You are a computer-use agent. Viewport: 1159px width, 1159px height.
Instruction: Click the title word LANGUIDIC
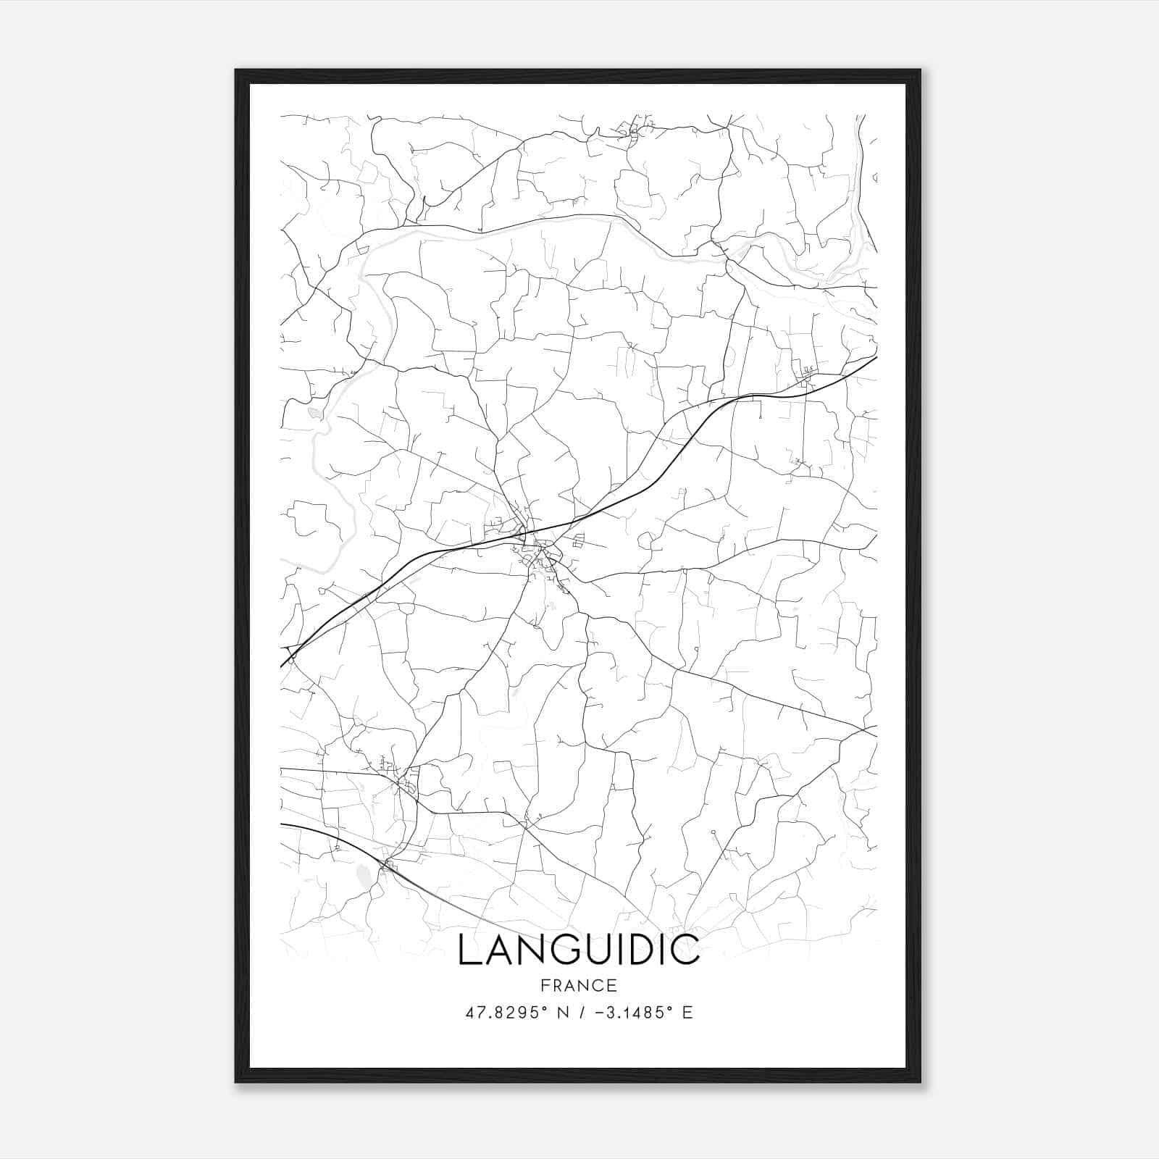(579, 950)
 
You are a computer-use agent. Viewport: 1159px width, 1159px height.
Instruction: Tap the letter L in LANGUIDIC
(467, 950)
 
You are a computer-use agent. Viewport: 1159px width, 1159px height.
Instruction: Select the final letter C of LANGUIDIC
(687, 950)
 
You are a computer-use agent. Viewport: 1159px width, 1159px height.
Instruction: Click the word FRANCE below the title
(579, 985)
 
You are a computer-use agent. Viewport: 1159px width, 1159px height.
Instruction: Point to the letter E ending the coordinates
(687, 1013)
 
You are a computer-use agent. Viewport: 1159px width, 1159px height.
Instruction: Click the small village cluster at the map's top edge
(635, 130)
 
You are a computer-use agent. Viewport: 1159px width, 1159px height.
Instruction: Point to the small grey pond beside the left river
(314, 413)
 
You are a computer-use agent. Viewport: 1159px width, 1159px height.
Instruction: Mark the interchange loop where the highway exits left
(292, 657)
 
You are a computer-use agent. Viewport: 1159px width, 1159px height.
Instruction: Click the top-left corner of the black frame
(236, 70)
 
